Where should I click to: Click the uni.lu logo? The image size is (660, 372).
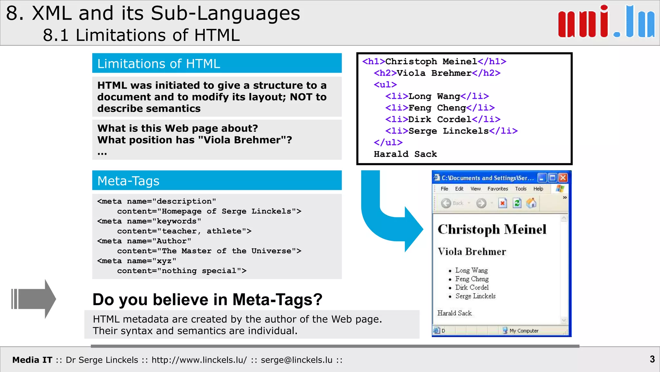[x=606, y=22]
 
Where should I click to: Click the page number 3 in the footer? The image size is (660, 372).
[x=652, y=359]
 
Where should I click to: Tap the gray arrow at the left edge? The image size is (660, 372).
[x=34, y=299]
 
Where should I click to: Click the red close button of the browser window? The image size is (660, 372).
[x=563, y=178]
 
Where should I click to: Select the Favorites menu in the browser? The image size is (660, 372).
[x=498, y=189]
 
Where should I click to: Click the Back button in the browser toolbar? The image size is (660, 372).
[x=452, y=203]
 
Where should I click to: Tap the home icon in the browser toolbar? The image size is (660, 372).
[x=531, y=203]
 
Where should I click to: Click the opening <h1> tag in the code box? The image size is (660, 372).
[x=374, y=61]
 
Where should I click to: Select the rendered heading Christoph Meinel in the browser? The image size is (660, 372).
[x=492, y=229]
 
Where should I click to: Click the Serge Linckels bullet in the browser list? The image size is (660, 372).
[x=475, y=296]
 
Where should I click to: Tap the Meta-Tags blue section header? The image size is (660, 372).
[x=217, y=181]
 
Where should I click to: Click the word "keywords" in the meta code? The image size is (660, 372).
[x=176, y=221]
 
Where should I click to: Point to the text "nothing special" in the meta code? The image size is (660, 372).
[x=199, y=271]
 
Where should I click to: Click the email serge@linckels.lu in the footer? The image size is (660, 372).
[x=296, y=360]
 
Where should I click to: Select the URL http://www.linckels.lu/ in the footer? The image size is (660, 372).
[x=199, y=360]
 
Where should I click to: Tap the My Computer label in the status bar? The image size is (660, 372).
[x=524, y=331]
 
